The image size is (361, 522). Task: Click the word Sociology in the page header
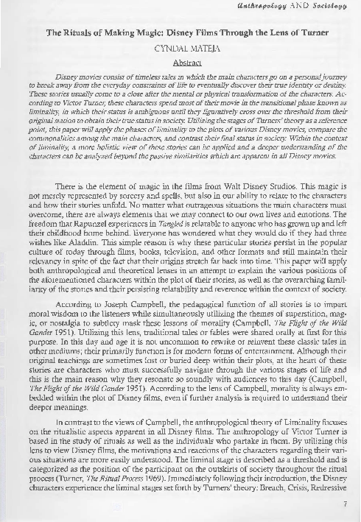[x=329, y=6]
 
